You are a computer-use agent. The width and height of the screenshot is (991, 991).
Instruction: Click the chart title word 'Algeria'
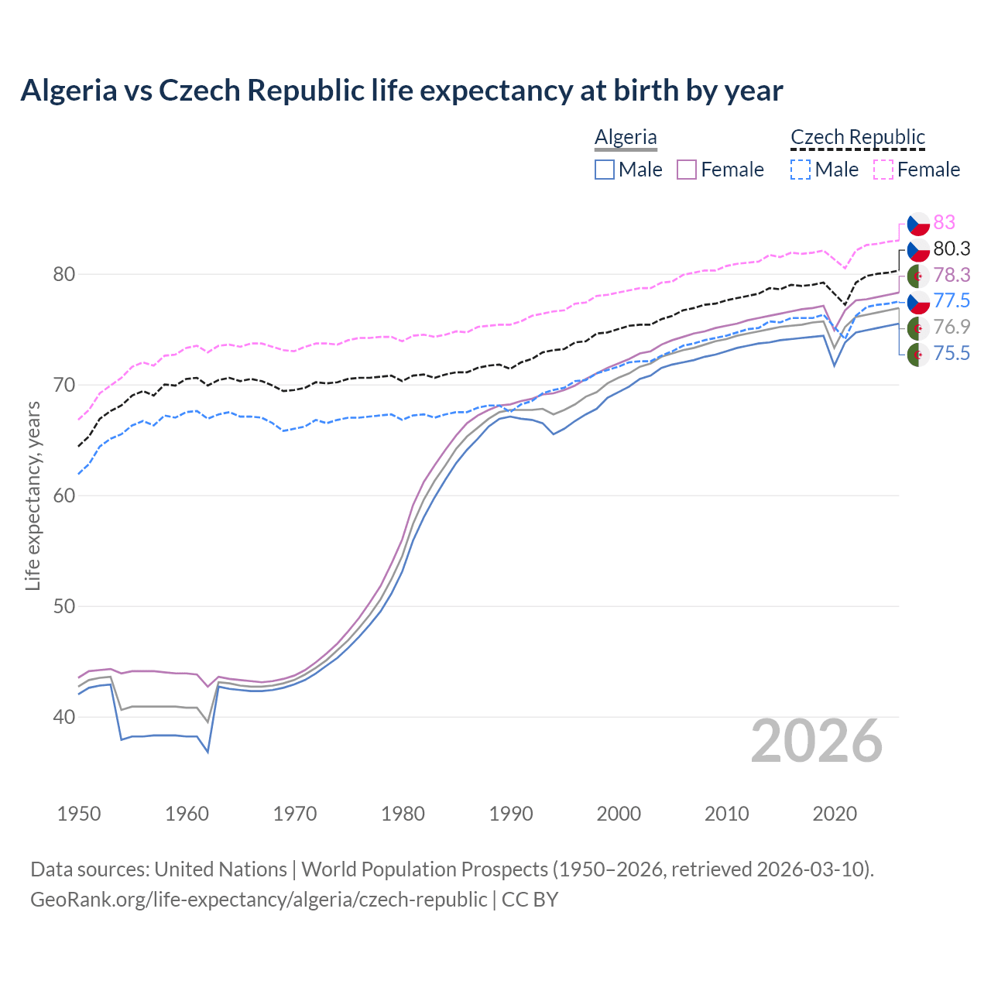pyautogui.click(x=68, y=91)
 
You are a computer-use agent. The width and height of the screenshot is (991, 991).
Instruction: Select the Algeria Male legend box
pyautogui.click(x=605, y=170)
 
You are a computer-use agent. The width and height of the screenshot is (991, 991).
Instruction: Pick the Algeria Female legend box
pyautogui.click(x=688, y=170)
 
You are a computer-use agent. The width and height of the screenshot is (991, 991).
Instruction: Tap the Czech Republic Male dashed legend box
pyautogui.click(x=801, y=170)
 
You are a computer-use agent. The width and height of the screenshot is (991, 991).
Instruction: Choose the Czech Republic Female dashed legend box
pyautogui.click(x=883, y=170)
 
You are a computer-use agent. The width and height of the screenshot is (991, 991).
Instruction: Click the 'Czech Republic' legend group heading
pyautogui.click(x=858, y=137)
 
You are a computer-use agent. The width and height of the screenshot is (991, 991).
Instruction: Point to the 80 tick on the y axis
pyautogui.click(x=64, y=274)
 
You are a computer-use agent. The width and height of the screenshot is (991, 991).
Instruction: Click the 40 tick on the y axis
pyautogui.click(x=64, y=717)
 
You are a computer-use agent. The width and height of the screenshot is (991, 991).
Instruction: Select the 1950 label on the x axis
pyautogui.click(x=79, y=814)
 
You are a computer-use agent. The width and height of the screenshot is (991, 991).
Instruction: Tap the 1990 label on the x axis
pyautogui.click(x=511, y=814)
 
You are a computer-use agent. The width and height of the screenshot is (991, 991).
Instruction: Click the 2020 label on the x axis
pyautogui.click(x=835, y=814)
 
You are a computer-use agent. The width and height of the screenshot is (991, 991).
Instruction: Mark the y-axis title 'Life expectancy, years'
pyautogui.click(x=33, y=495)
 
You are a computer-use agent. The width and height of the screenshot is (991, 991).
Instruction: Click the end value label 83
pyautogui.click(x=944, y=222)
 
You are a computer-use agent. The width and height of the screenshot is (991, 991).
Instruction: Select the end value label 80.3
pyautogui.click(x=952, y=249)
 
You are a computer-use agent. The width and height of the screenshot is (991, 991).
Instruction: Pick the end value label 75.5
pyautogui.click(x=952, y=354)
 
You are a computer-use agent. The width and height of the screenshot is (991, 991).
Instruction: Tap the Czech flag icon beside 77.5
pyautogui.click(x=918, y=301)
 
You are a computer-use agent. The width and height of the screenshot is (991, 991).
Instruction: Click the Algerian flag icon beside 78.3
pyautogui.click(x=918, y=275)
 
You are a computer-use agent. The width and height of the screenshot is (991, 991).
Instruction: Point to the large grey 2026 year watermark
pyautogui.click(x=817, y=741)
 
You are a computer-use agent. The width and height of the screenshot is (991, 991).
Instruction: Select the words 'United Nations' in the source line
pyautogui.click(x=221, y=869)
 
